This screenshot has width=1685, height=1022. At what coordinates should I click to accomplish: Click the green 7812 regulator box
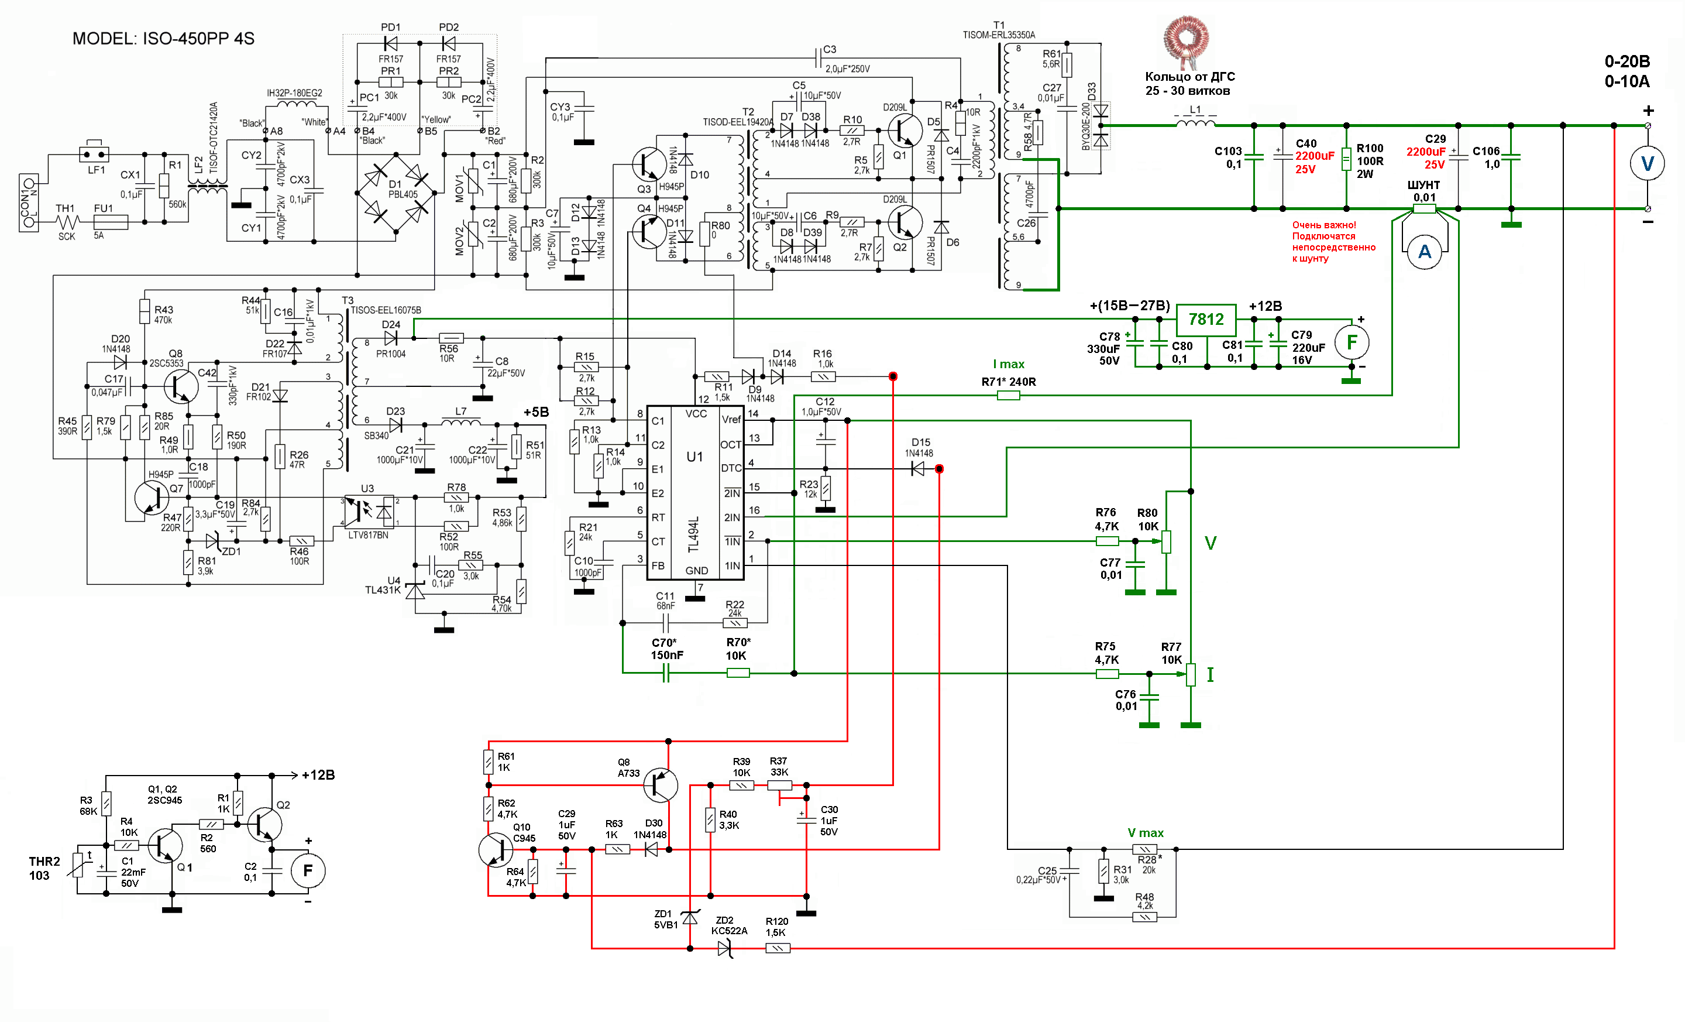[x=1206, y=320]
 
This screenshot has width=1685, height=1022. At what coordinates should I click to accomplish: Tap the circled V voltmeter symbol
[x=1648, y=163]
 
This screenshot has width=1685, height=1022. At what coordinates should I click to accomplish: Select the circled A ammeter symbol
[x=1425, y=252]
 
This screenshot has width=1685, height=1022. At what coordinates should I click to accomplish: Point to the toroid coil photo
[x=1187, y=42]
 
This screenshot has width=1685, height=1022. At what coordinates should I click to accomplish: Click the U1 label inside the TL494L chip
[x=694, y=457]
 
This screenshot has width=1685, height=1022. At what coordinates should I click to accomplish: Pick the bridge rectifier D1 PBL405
[x=396, y=194]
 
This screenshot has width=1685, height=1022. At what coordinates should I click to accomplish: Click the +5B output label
[x=536, y=412]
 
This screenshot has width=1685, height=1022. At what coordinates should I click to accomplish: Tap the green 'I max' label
[x=1009, y=364]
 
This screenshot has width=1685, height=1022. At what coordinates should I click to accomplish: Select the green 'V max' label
[x=1146, y=832]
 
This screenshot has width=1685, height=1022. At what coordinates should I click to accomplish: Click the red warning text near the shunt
[x=1333, y=242]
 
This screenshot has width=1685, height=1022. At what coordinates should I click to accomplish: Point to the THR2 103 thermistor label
[x=44, y=868]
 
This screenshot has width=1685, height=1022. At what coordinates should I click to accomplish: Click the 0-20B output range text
[x=1627, y=61]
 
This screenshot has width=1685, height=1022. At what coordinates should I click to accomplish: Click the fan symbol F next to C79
[x=1352, y=343]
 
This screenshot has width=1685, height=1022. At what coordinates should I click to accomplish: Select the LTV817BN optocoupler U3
[x=369, y=511]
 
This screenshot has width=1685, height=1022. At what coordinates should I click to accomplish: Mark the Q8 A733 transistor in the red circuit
[x=660, y=784]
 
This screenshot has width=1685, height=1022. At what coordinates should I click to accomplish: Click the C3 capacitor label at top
[x=829, y=49]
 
